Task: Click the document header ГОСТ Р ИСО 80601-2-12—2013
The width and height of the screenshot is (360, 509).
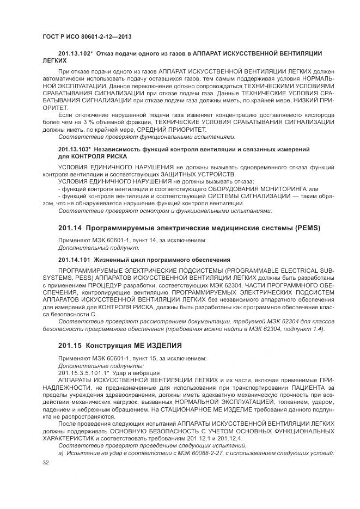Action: [x=88, y=36]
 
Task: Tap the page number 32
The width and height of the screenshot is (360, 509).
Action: [x=46, y=462]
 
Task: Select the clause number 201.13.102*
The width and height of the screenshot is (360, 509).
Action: [x=76, y=54]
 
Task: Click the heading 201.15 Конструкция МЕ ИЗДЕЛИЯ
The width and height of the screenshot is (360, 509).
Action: [x=119, y=346]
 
